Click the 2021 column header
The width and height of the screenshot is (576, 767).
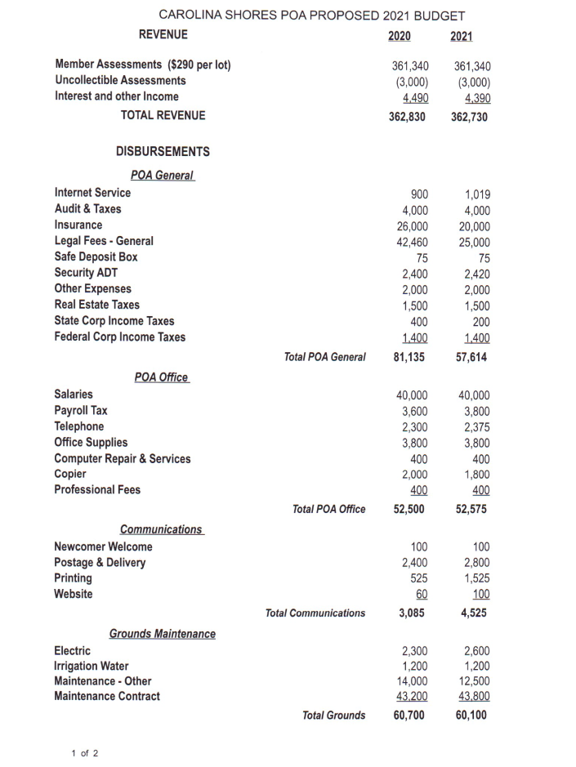462,35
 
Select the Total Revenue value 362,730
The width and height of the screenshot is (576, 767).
471,116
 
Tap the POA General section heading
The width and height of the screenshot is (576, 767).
162,176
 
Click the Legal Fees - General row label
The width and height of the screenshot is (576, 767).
104,241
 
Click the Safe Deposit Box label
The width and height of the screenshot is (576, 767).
96,256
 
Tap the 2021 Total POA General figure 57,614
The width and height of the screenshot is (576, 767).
471,357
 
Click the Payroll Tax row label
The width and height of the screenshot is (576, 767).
81,410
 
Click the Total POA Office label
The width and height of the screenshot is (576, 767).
328,509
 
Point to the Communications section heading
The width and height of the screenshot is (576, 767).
162,529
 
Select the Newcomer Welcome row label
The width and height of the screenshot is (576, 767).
103,546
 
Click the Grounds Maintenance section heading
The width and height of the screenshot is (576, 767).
163,634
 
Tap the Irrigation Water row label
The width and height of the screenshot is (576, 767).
92,666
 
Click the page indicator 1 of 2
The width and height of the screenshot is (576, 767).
84,752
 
